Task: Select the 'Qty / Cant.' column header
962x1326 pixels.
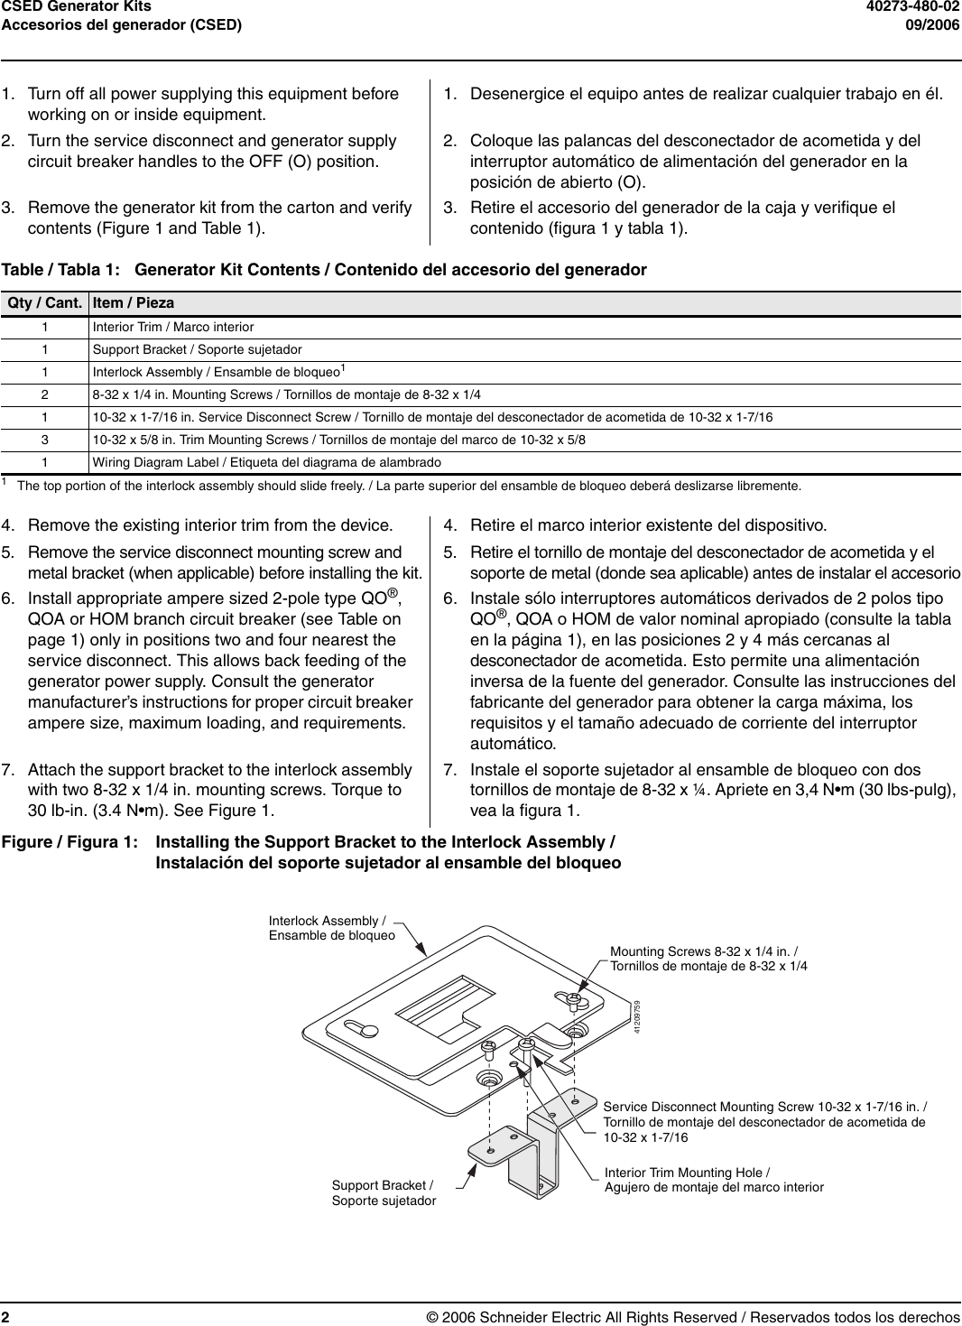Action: click(x=45, y=303)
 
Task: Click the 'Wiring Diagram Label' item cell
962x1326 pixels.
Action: click(x=267, y=462)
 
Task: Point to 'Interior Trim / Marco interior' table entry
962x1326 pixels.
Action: click(x=173, y=327)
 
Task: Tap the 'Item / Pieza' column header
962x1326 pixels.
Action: click(x=134, y=303)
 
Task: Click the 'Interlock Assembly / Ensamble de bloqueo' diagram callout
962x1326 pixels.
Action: click(x=331, y=928)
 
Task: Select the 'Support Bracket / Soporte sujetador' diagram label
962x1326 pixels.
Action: click(x=384, y=1192)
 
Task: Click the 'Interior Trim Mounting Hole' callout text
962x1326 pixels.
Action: click(x=713, y=1180)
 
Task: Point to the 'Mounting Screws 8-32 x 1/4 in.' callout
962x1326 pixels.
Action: click(x=708, y=959)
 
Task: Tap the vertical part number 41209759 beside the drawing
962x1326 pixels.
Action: click(x=636, y=1017)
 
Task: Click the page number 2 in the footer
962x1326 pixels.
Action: click(x=5, y=1317)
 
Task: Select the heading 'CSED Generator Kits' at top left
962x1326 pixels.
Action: click(x=76, y=7)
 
